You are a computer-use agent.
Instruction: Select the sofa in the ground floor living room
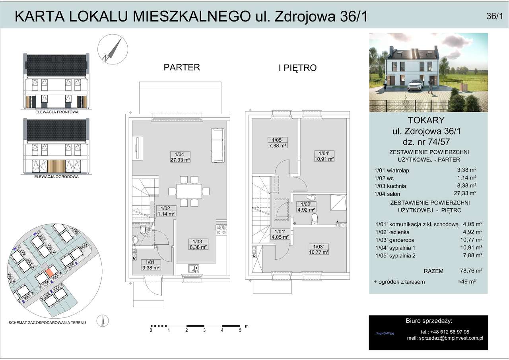pos(218,145)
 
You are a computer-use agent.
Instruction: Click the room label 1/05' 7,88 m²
pos(277,143)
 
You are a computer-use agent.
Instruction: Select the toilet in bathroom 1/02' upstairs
pos(315,219)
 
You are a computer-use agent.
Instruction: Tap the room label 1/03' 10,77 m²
pos(319,249)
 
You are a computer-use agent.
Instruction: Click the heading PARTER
pos(182,67)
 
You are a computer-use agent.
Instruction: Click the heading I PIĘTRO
pos(297,68)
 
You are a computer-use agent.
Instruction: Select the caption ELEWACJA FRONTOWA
pos(56,112)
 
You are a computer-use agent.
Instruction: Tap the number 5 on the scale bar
pos(240,330)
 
